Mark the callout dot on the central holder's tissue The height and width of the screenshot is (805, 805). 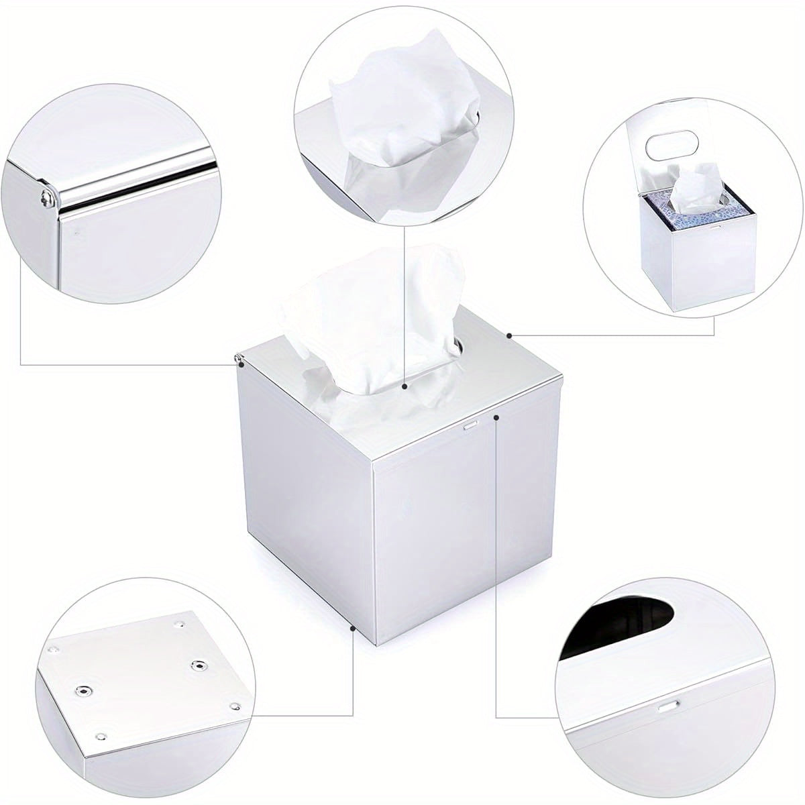click(405, 386)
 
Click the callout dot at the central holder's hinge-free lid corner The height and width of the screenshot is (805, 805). click(510, 335)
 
